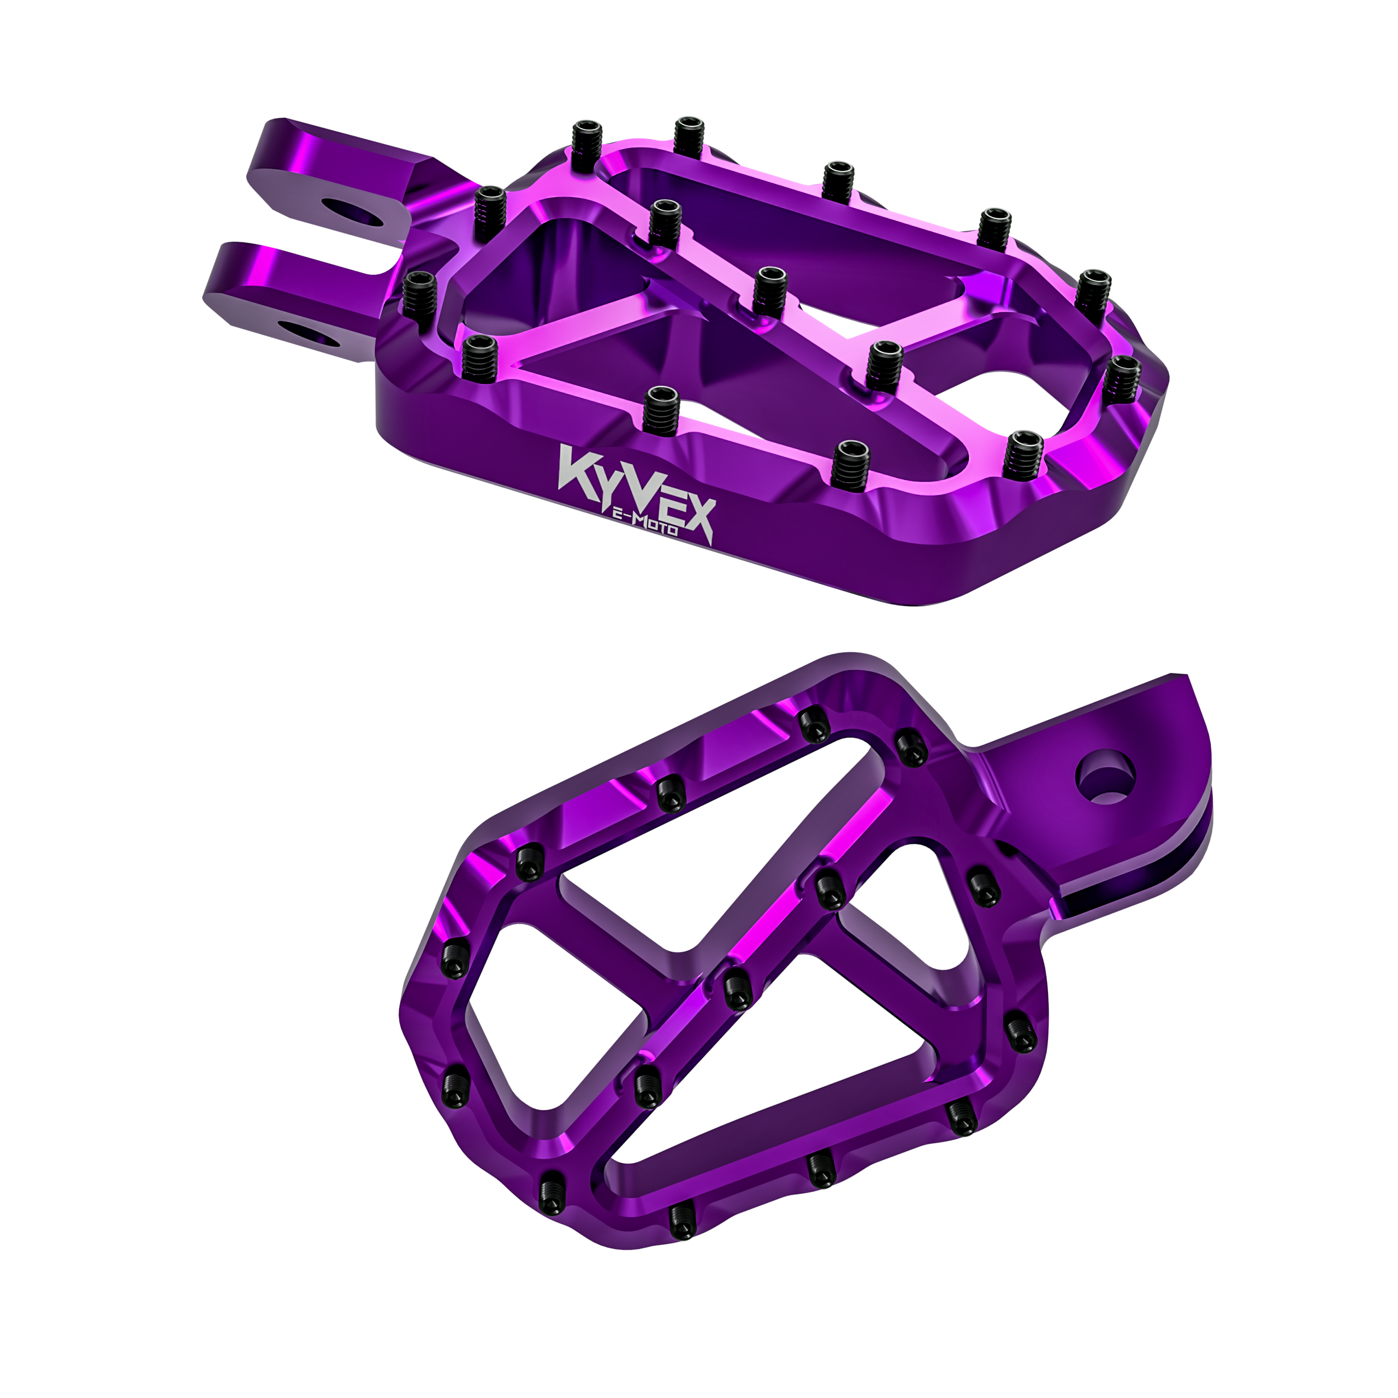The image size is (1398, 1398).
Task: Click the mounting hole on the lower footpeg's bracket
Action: pos(1105,779)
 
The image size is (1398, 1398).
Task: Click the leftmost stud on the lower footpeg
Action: pos(454,961)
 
